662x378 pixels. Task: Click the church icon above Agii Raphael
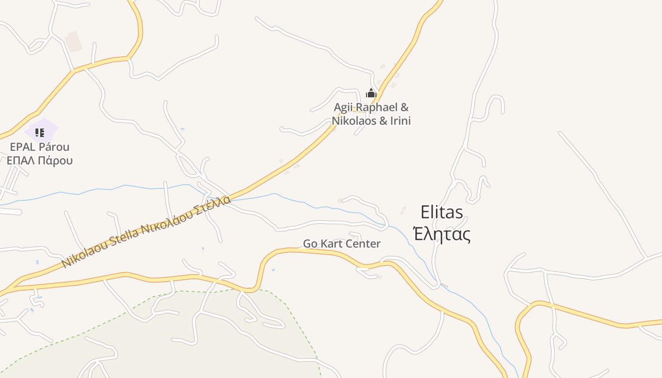[371, 93]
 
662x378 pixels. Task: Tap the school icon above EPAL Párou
[40, 133]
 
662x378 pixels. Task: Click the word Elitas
[442, 212]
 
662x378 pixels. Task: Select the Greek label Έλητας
[442, 234]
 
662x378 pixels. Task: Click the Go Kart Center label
[341, 244]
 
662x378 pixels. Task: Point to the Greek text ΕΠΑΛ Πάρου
[40, 160]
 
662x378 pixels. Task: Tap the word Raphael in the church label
[375, 107]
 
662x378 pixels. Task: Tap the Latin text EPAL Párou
[40, 147]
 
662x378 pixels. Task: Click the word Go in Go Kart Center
[310, 244]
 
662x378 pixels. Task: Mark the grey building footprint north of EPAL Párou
[73, 42]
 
